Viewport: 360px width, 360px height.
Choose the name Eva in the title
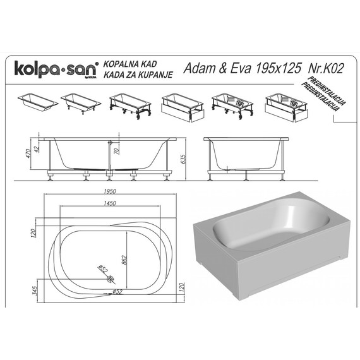point(237,69)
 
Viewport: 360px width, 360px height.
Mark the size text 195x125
point(275,69)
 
